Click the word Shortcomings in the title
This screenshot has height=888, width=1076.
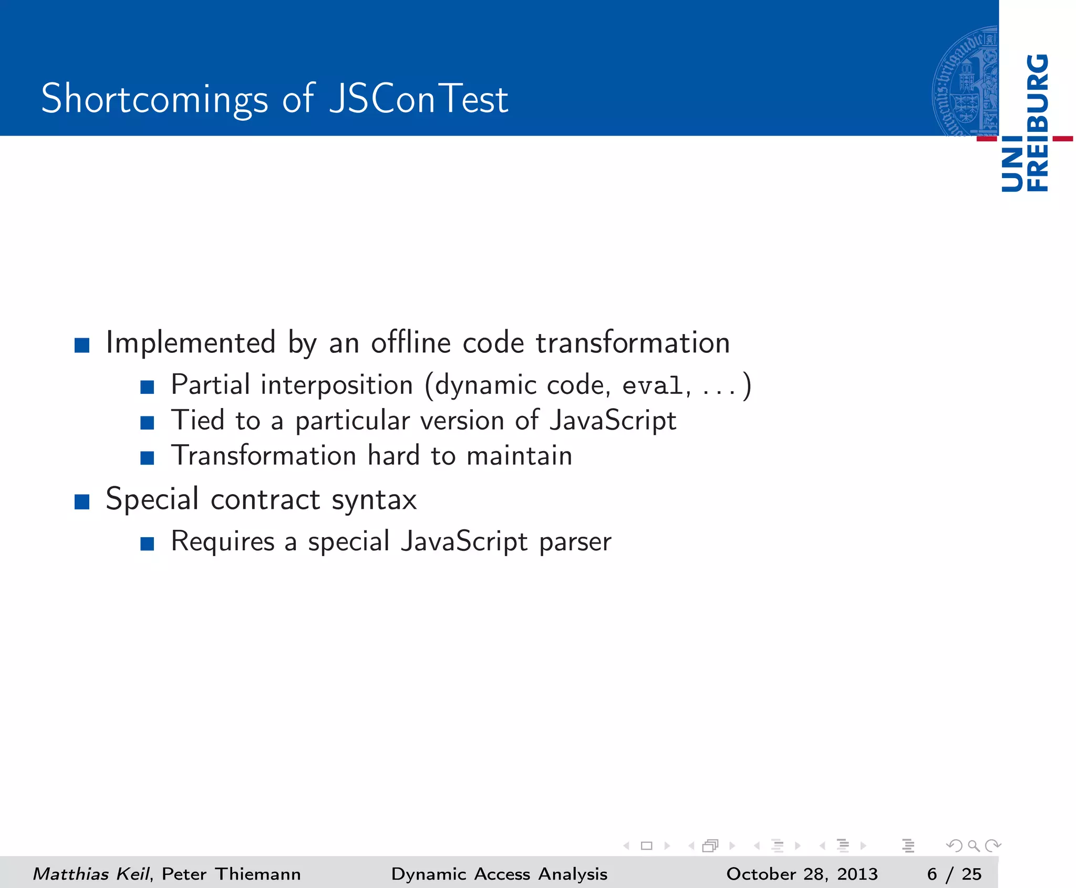(x=154, y=99)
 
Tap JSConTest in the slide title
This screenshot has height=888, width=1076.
(x=418, y=99)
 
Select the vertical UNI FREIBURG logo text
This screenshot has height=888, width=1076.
(x=1025, y=123)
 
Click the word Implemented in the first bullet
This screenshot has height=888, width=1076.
(x=191, y=343)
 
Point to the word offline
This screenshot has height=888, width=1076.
(x=411, y=343)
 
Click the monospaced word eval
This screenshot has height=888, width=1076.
(x=653, y=386)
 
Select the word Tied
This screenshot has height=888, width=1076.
(x=198, y=421)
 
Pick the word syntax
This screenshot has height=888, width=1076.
(x=374, y=499)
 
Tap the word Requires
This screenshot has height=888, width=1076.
(x=223, y=542)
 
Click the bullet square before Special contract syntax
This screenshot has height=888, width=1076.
(x=82, y=502)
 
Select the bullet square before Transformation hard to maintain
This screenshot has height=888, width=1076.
(x=147, y=458)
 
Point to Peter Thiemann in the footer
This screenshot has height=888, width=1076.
(x=231, y=873)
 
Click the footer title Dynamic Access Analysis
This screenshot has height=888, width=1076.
(x=499, y=873)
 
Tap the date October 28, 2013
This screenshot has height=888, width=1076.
(x=802, y=873)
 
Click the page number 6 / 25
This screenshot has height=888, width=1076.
(x=954, y=873)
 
